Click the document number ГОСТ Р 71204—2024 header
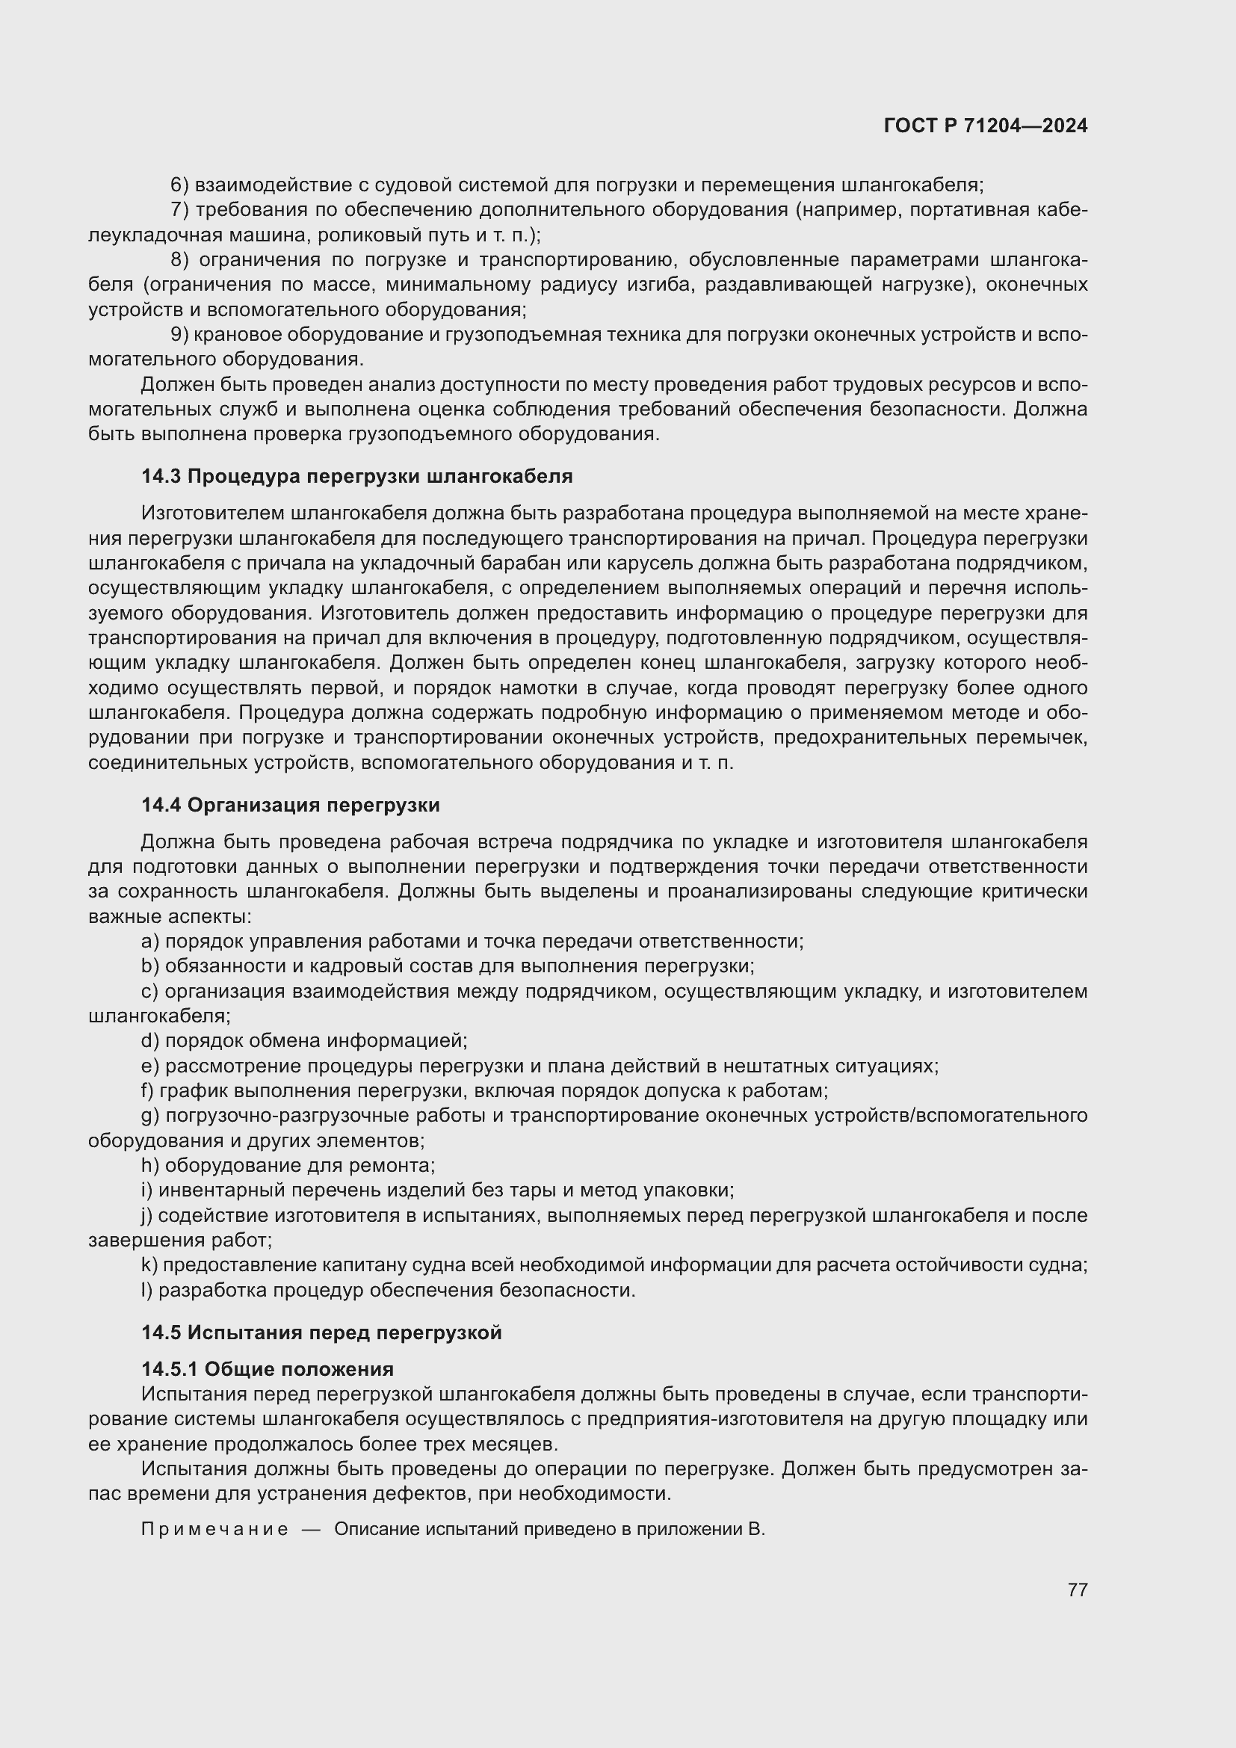(x=986, y=126)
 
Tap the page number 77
(x=1077, y=1590)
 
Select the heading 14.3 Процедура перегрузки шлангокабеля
(x=357, y=477)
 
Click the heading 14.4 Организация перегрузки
(x=291, y=805)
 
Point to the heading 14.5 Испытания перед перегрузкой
(x=321, y=1333)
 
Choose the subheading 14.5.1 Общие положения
(x=267, y=1370)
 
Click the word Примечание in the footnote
(x=215, y=1530)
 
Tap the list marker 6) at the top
(x=179, y=185)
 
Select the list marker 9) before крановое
(x=179, y=334)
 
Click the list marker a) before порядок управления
(x=150, y=942)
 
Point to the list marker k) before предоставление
(x=149, y=1265)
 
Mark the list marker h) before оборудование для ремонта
(x=150, y=1166)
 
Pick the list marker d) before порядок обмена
(x=150, y=1041)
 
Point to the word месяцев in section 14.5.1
(x=517, y=1445)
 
